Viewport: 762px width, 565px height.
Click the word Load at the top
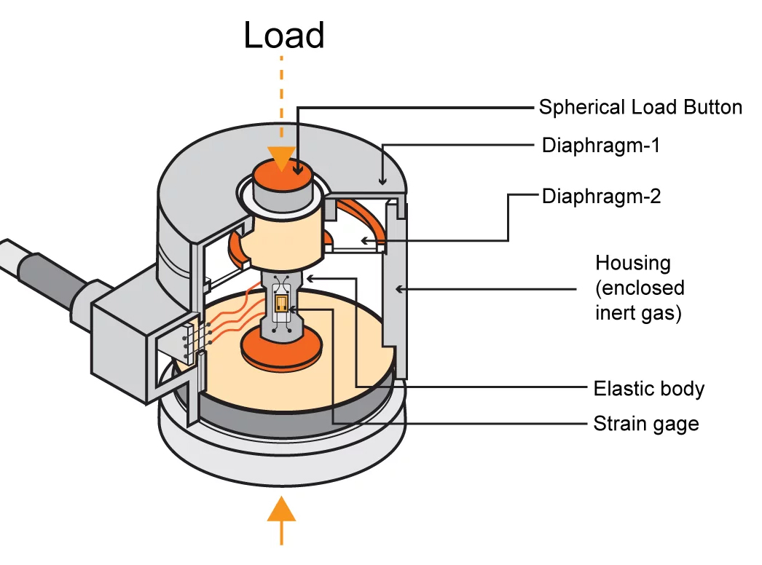pos(284,35)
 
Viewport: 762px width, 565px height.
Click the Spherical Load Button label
pos(640,107)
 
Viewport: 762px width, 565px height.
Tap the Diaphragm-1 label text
pos(600,145)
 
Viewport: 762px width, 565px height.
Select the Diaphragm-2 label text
pos(601,197)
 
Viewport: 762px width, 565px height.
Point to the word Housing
pos(632,262)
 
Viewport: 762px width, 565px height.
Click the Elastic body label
pos(649,388)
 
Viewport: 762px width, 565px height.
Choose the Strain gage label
pos(646,423)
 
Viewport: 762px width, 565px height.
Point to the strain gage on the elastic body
pos(282,302)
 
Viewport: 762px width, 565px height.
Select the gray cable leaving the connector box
pos(44,269)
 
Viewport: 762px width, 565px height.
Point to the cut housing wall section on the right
pos(393,291)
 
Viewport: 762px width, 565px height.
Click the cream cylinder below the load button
pos(284,233)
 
